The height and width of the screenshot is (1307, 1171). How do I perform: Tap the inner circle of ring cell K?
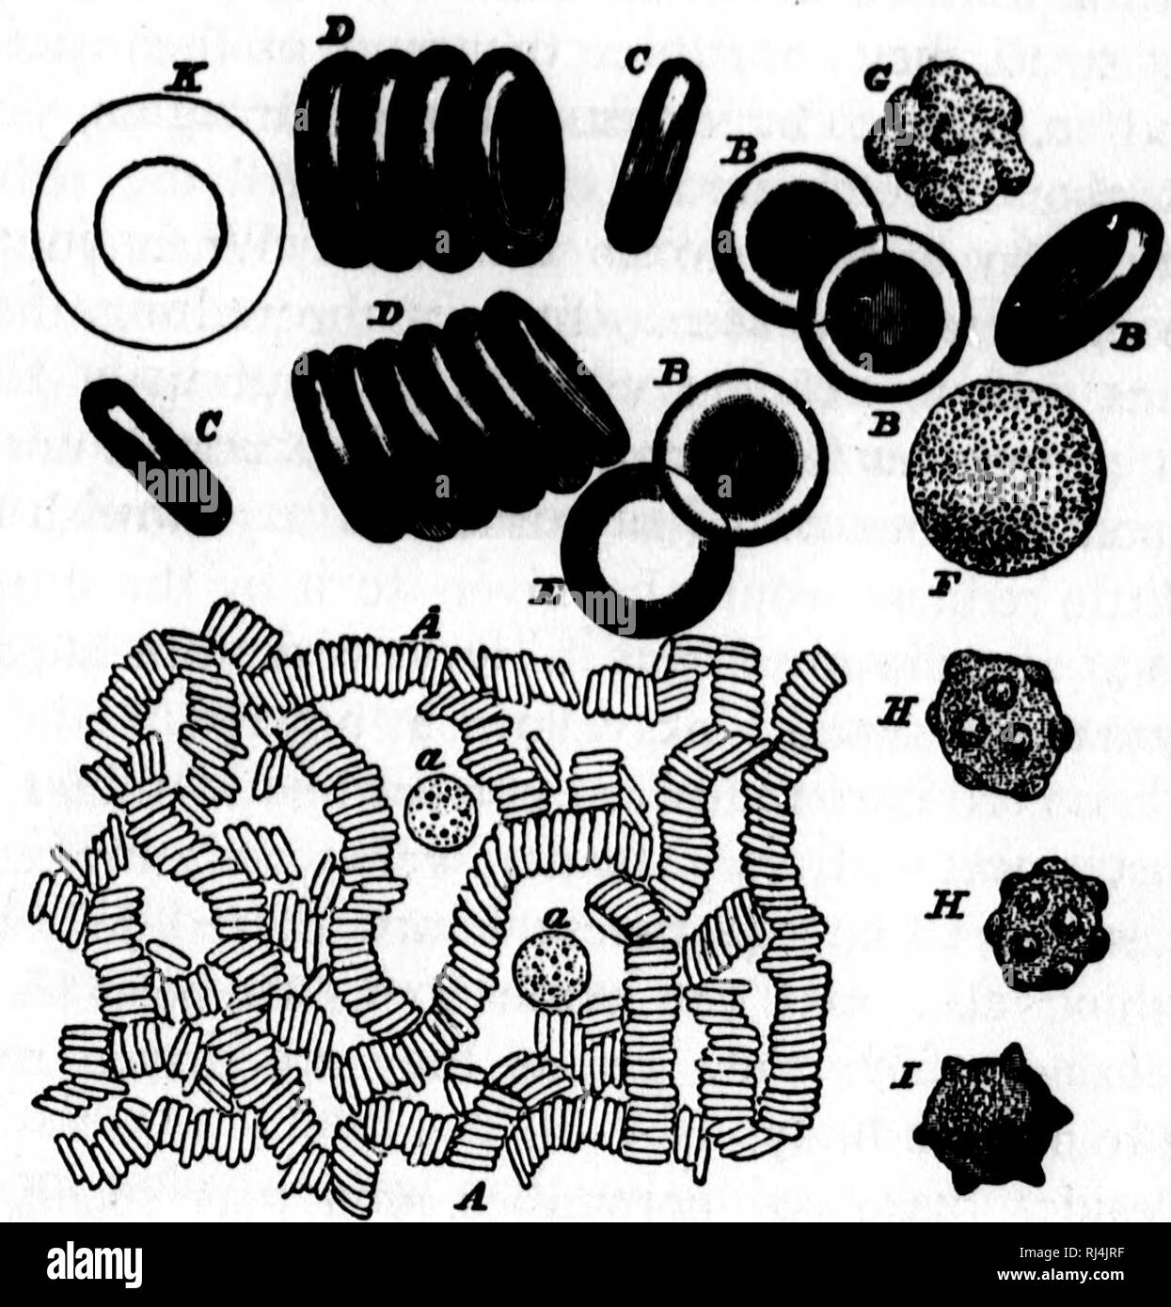160,223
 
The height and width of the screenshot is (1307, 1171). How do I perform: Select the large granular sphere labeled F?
1006,477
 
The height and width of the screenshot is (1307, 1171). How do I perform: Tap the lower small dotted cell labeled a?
551,968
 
